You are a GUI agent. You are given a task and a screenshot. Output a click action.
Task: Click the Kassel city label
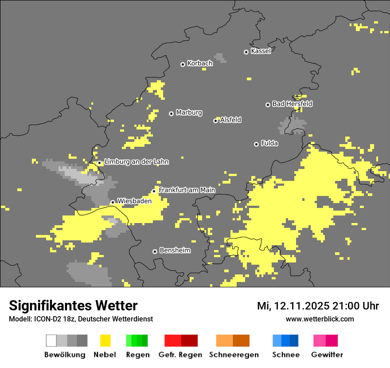click(x=261, y=51)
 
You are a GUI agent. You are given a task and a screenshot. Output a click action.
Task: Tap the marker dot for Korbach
click(x=183, y=64)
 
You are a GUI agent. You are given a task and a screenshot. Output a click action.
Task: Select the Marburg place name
click(x=189, y=113)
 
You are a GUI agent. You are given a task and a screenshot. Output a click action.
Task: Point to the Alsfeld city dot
click(x=215, y=121)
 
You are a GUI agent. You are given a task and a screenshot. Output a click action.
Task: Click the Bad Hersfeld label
click(x=292, y=104)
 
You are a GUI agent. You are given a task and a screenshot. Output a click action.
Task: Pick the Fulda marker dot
click(x=256, y=144)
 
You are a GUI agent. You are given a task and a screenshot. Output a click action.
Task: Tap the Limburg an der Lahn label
click(x=136, y=162)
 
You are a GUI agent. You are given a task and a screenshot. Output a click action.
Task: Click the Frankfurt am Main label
click(x=187, y=190)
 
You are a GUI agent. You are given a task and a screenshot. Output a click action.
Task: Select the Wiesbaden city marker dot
click(x=113, y=202)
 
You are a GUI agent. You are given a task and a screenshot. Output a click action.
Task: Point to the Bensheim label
click(x=175, y=251)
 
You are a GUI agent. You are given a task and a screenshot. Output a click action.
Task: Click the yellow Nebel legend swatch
click(x=105, y=341)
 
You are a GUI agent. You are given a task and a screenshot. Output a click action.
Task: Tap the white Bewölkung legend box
click(x=51, y=341)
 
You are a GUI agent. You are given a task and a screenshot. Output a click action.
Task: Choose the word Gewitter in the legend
click(x=327, y=355)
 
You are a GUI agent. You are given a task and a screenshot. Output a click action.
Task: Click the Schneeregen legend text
click(x=234, y=355)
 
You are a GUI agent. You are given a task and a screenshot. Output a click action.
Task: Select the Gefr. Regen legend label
click(x=180, y=355)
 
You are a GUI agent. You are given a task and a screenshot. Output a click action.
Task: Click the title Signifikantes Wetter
click(x=73, y=305)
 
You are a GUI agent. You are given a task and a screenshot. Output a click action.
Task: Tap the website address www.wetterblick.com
click(x=320, y=319)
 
